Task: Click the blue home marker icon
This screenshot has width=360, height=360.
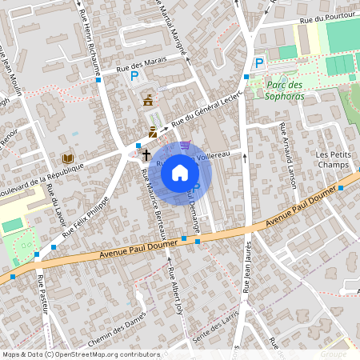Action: pyautogui.click(x=180, y=172)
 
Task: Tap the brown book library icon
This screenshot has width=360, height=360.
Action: pyautogui.click(x=67, y=158)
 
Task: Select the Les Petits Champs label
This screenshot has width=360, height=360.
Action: pyautogui.click(x=334, y=161)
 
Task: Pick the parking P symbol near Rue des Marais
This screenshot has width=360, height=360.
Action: pyautogui.click(x=134, y=78)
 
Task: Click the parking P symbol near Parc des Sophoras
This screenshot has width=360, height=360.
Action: pyautogui.click(x=258, y=63)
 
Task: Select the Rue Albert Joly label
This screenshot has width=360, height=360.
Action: pyautogui.click(x=175, y=296)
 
